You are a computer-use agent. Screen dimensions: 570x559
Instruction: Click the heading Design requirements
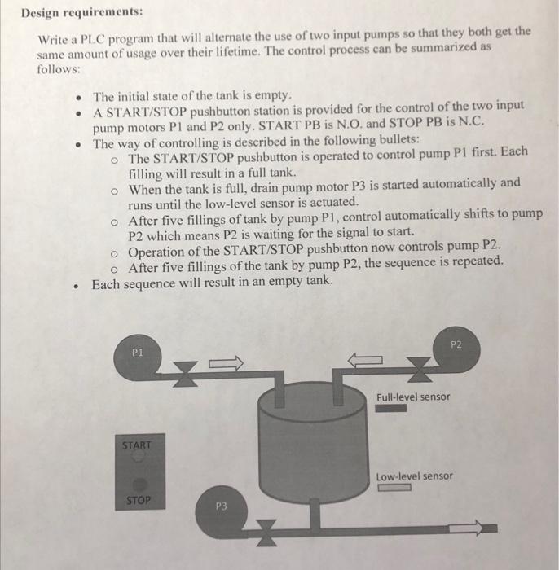coord(81,13)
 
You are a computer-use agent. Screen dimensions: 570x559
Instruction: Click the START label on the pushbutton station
coord(137,445)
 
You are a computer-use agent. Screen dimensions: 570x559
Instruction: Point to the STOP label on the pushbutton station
coord(137,500)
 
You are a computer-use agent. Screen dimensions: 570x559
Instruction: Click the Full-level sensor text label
coord(413,397)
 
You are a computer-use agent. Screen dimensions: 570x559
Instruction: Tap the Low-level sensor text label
coord(414,476)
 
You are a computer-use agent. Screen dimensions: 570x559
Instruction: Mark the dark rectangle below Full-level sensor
coord(392,409)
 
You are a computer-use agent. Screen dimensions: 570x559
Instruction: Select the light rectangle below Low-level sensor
coord(393,489)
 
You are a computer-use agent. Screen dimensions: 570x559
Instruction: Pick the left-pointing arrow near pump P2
coord(366,360)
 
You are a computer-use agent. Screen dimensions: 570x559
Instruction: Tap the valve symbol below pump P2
coord(418,373)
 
